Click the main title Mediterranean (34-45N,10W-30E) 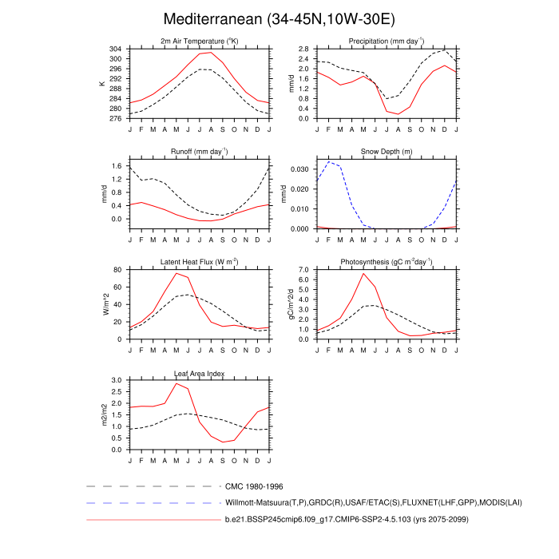click(x=279, y=18)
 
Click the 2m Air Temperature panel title click(x=200, y=42)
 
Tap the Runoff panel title click(x=200, y=151)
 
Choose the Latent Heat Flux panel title click(x=200, y=262)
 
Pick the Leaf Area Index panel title click(x=200, y=373)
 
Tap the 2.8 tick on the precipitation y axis click(x=303, y=49)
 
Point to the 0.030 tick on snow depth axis click(x=299, y=169)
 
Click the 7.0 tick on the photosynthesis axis click(x=303, y=270)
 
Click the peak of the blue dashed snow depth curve click(x=329, y=162)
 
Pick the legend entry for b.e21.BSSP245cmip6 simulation click(x=346, y=519)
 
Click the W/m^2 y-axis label click(x=104, y=304)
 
